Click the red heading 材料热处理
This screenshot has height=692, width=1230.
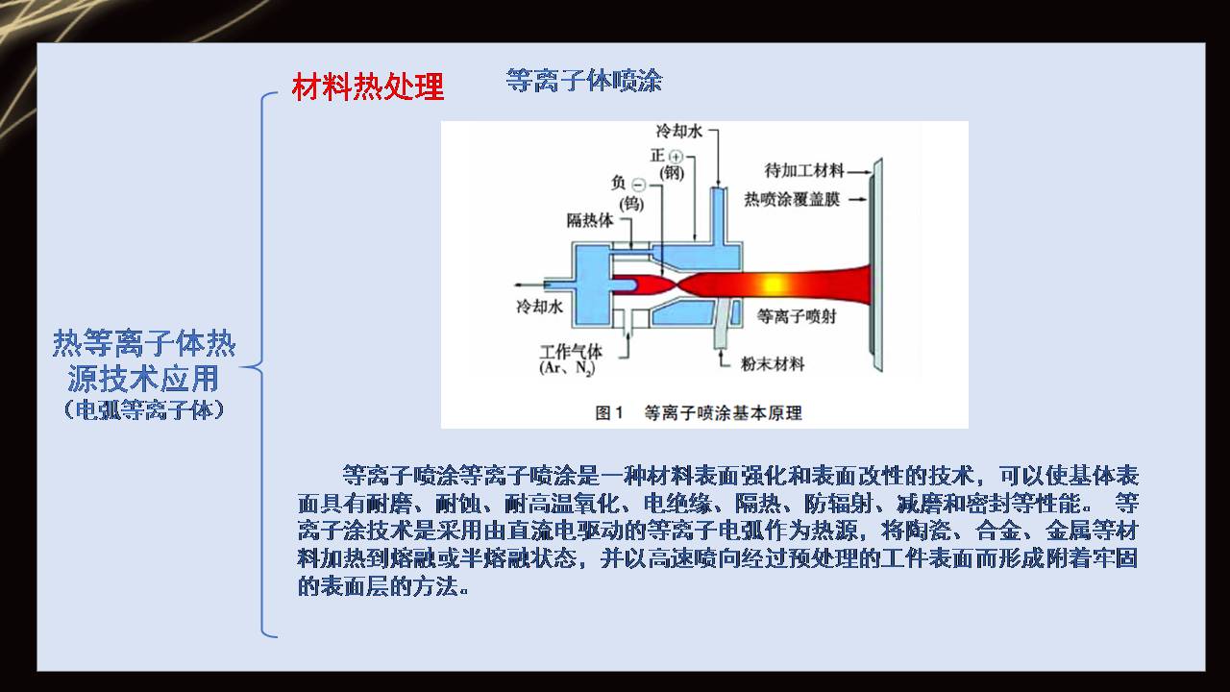click(x=368, y=87)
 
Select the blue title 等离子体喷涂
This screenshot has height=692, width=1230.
click(x=583, y=81)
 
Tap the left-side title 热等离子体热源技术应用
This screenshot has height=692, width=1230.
click(x=144, y=359)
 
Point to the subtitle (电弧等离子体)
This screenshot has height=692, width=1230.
click(x=144, y=408)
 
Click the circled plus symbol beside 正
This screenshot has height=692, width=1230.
click(x=676, y=157)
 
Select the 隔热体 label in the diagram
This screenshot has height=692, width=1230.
click(x=590, y=220)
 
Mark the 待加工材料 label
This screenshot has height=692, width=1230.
click(x=803, y=170)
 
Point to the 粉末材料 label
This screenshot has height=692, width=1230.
click(x=773, y=363)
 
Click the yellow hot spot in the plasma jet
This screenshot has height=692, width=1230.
click(x=770, y=284)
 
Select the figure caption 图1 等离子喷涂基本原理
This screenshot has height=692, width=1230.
click(x=699, y=413)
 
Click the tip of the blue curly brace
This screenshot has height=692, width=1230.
click(x=242, y=366)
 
